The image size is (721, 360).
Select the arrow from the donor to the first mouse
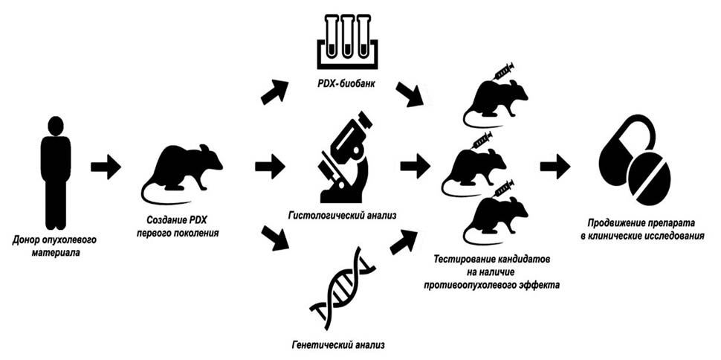point(106,167)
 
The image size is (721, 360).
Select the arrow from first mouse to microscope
point(269,164)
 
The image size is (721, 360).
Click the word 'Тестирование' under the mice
point(467,258)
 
